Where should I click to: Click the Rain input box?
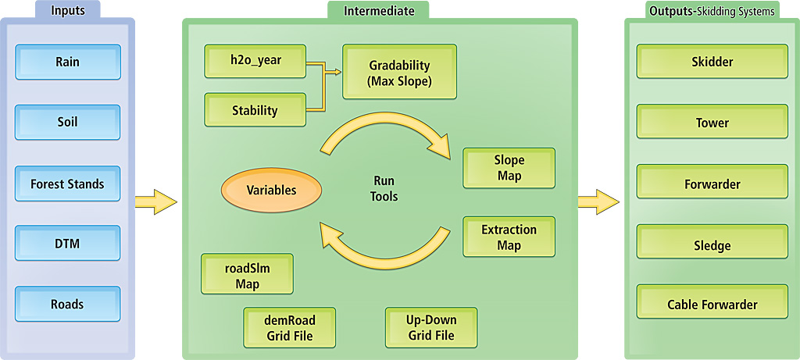pyautogui.click(x=68, y=62)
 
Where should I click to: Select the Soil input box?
pyautogui.click(x=68, y=123)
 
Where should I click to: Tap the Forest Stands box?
pyautogui.click(x=68, y=184)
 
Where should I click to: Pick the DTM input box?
pyautogui.click(x=68, y=244)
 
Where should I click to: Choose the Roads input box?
pyautogui.click(x=68, y=304)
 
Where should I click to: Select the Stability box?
pyautogui.click(x=255, y=110)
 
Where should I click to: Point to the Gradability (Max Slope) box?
pyautogui.click(x=399, y=73)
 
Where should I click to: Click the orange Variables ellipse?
pyautogui.click(x=271, y=190)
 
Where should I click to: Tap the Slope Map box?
pyautogui.click(x=509, y=168)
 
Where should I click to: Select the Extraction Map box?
pyautogui.click(x=509, y=237)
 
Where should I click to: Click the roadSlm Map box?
pyautogui.click(x=248, y=274)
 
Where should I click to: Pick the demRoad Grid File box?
pyautogui.click(x=290, y=328)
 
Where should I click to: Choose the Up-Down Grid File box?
pyautogui.click(x=431, y=328)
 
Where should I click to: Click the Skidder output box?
pyautogui.click(x=712, y=62)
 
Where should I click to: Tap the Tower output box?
pyautogui.click(x=712, y=123)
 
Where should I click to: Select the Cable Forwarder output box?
pyautogui.click(x=712, y=305)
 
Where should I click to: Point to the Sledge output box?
pyautogui.click(x=712, y=245)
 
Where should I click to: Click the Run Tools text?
pyautogui.click(x=384, y=188)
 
